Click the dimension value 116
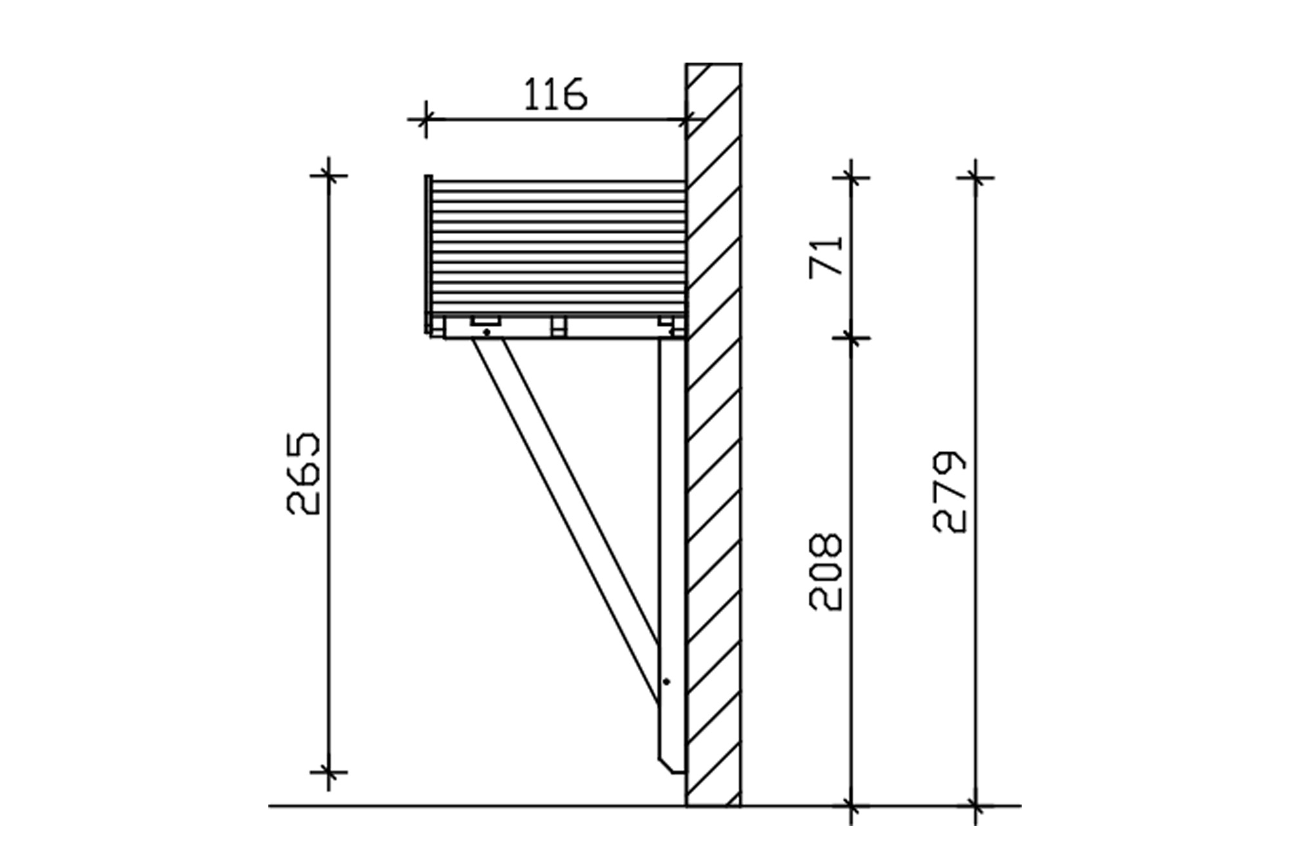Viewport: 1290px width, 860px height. click(555, 94)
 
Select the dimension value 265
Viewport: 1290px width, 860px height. click(303, 474)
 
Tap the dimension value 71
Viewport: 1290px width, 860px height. click(826, 256)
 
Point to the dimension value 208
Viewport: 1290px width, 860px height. click(826, 572)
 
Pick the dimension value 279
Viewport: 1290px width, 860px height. click(950, 492)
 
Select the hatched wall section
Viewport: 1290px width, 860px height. click(713, 434)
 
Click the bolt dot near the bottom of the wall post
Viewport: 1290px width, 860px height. click(667, 681)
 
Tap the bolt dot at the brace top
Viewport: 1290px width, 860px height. click(486, 332)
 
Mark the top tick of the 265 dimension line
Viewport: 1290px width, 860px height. click(329, 175)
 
